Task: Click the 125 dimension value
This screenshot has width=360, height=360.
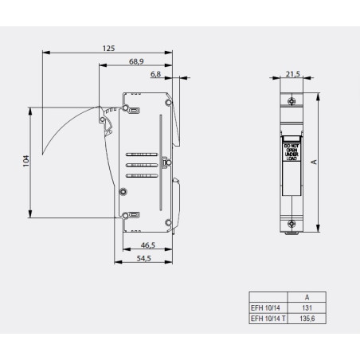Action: tap(108, 49)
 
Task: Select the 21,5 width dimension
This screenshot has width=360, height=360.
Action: tap(292, 74)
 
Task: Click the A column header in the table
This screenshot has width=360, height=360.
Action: tap(307, 295)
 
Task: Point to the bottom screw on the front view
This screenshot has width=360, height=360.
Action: tap(292, 224)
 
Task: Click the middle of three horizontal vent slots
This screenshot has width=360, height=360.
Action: tap(140, 165)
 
